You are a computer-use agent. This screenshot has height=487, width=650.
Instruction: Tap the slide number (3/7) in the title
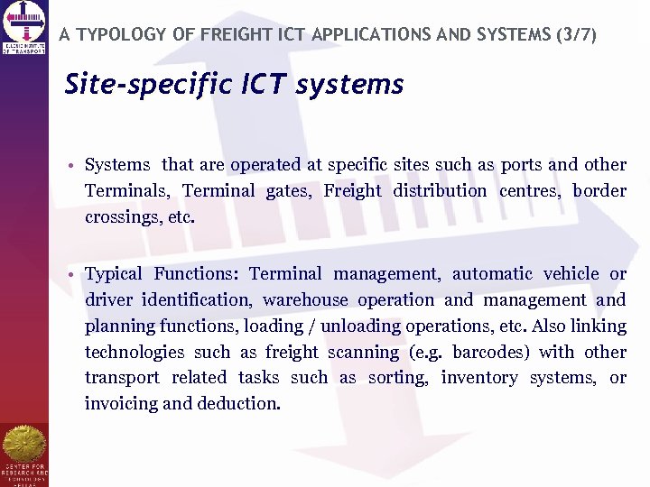pos(574,35)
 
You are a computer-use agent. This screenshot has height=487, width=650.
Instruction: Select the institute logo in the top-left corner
pos(24,28)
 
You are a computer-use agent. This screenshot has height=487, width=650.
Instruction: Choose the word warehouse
pos(305,299)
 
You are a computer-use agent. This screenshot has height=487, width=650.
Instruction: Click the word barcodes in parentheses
pos(491,352)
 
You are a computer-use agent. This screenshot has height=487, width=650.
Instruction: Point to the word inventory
pos(478,378)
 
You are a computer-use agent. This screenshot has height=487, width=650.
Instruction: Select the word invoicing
pos(121,404)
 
